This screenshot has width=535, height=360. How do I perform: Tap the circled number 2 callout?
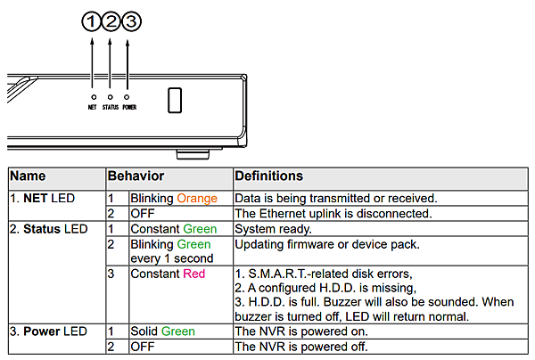(x=111, y=21)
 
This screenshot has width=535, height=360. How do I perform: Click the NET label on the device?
(x=93, y=108)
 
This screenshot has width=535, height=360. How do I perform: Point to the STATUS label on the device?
(x=110, y=108)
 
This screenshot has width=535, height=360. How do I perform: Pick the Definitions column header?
(x=268, y=176)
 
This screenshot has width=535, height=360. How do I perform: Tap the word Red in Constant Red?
(x=193, y=274)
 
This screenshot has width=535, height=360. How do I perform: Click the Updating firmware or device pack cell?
(x=325, y=243)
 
